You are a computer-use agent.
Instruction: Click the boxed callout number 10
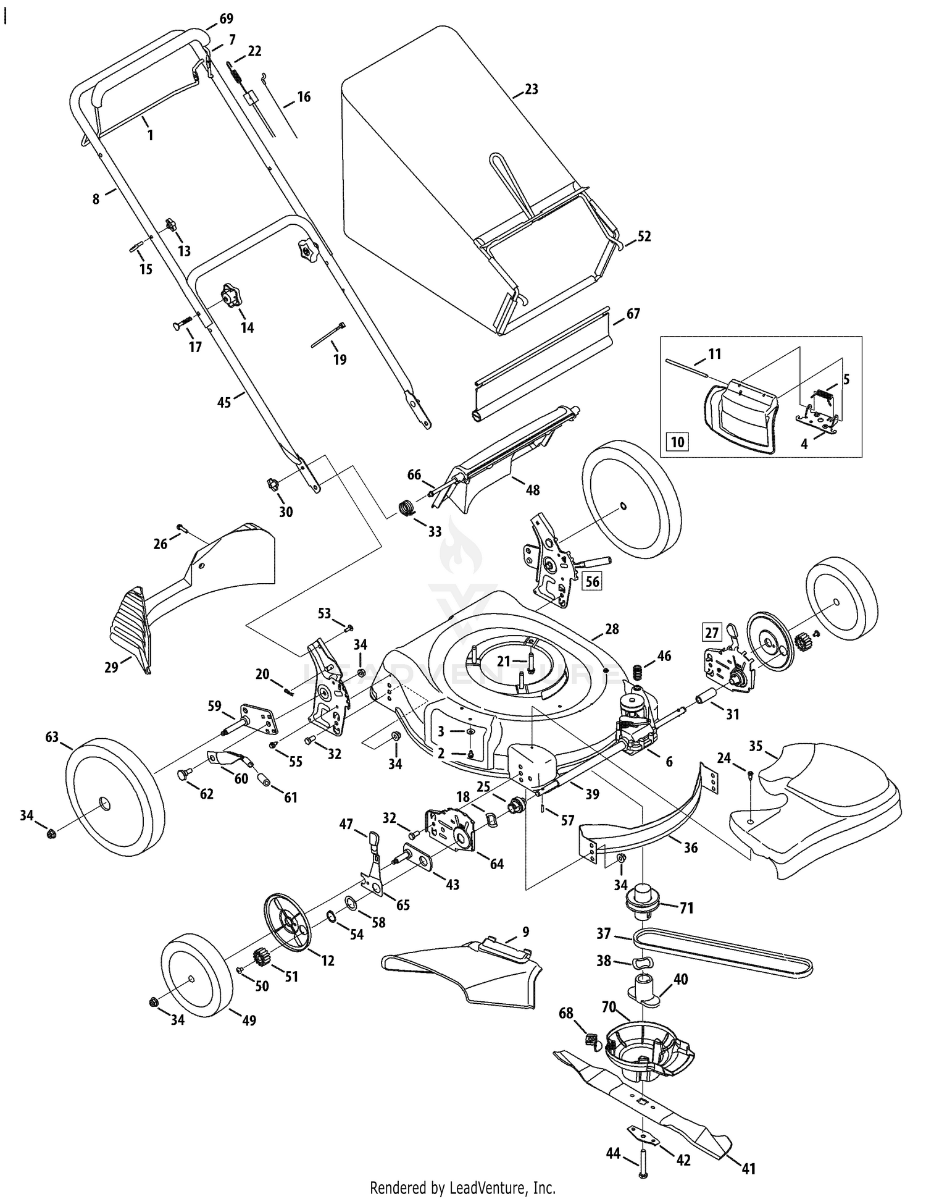tap(678, 442)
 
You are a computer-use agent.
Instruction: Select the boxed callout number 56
tap(592, 581)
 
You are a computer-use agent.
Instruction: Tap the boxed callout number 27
tap(712, 633)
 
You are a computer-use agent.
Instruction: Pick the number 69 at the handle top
tap(227, 19)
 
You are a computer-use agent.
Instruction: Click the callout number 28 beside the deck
tap(612, 629)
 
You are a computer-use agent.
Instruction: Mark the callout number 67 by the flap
tap(633, 314)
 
